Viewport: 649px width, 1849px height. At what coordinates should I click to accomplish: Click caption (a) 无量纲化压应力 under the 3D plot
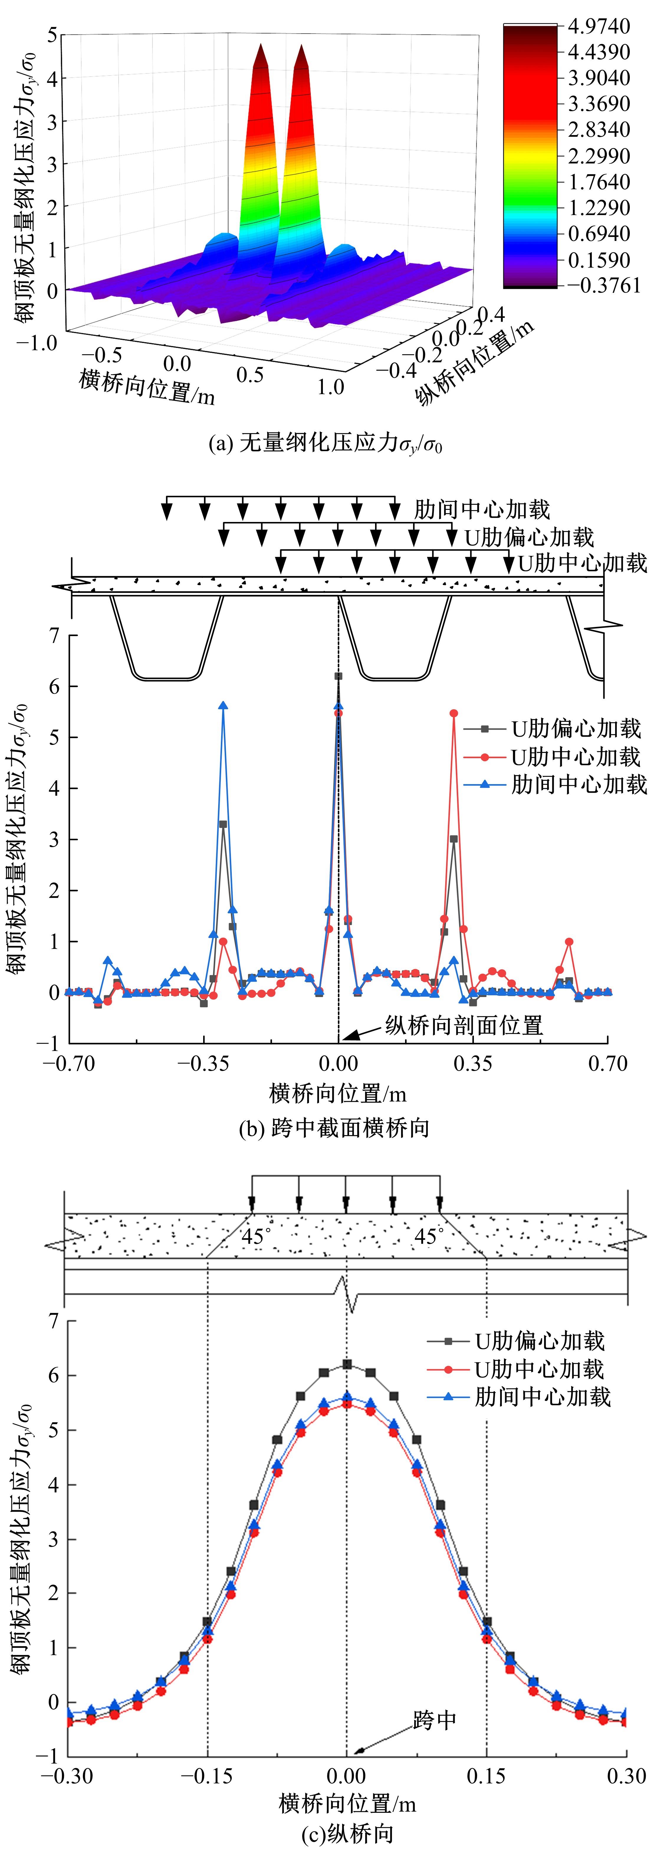(x=324, y=444)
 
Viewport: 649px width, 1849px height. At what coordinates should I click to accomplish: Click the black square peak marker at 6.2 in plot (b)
(x=338, y=676)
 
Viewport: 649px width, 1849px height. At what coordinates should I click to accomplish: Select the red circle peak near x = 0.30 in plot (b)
(x=454, y=713)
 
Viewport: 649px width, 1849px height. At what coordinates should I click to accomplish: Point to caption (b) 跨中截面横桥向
(x=334, y=1128)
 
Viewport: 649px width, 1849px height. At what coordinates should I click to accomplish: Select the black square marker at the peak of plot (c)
(x=347, y=1364)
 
